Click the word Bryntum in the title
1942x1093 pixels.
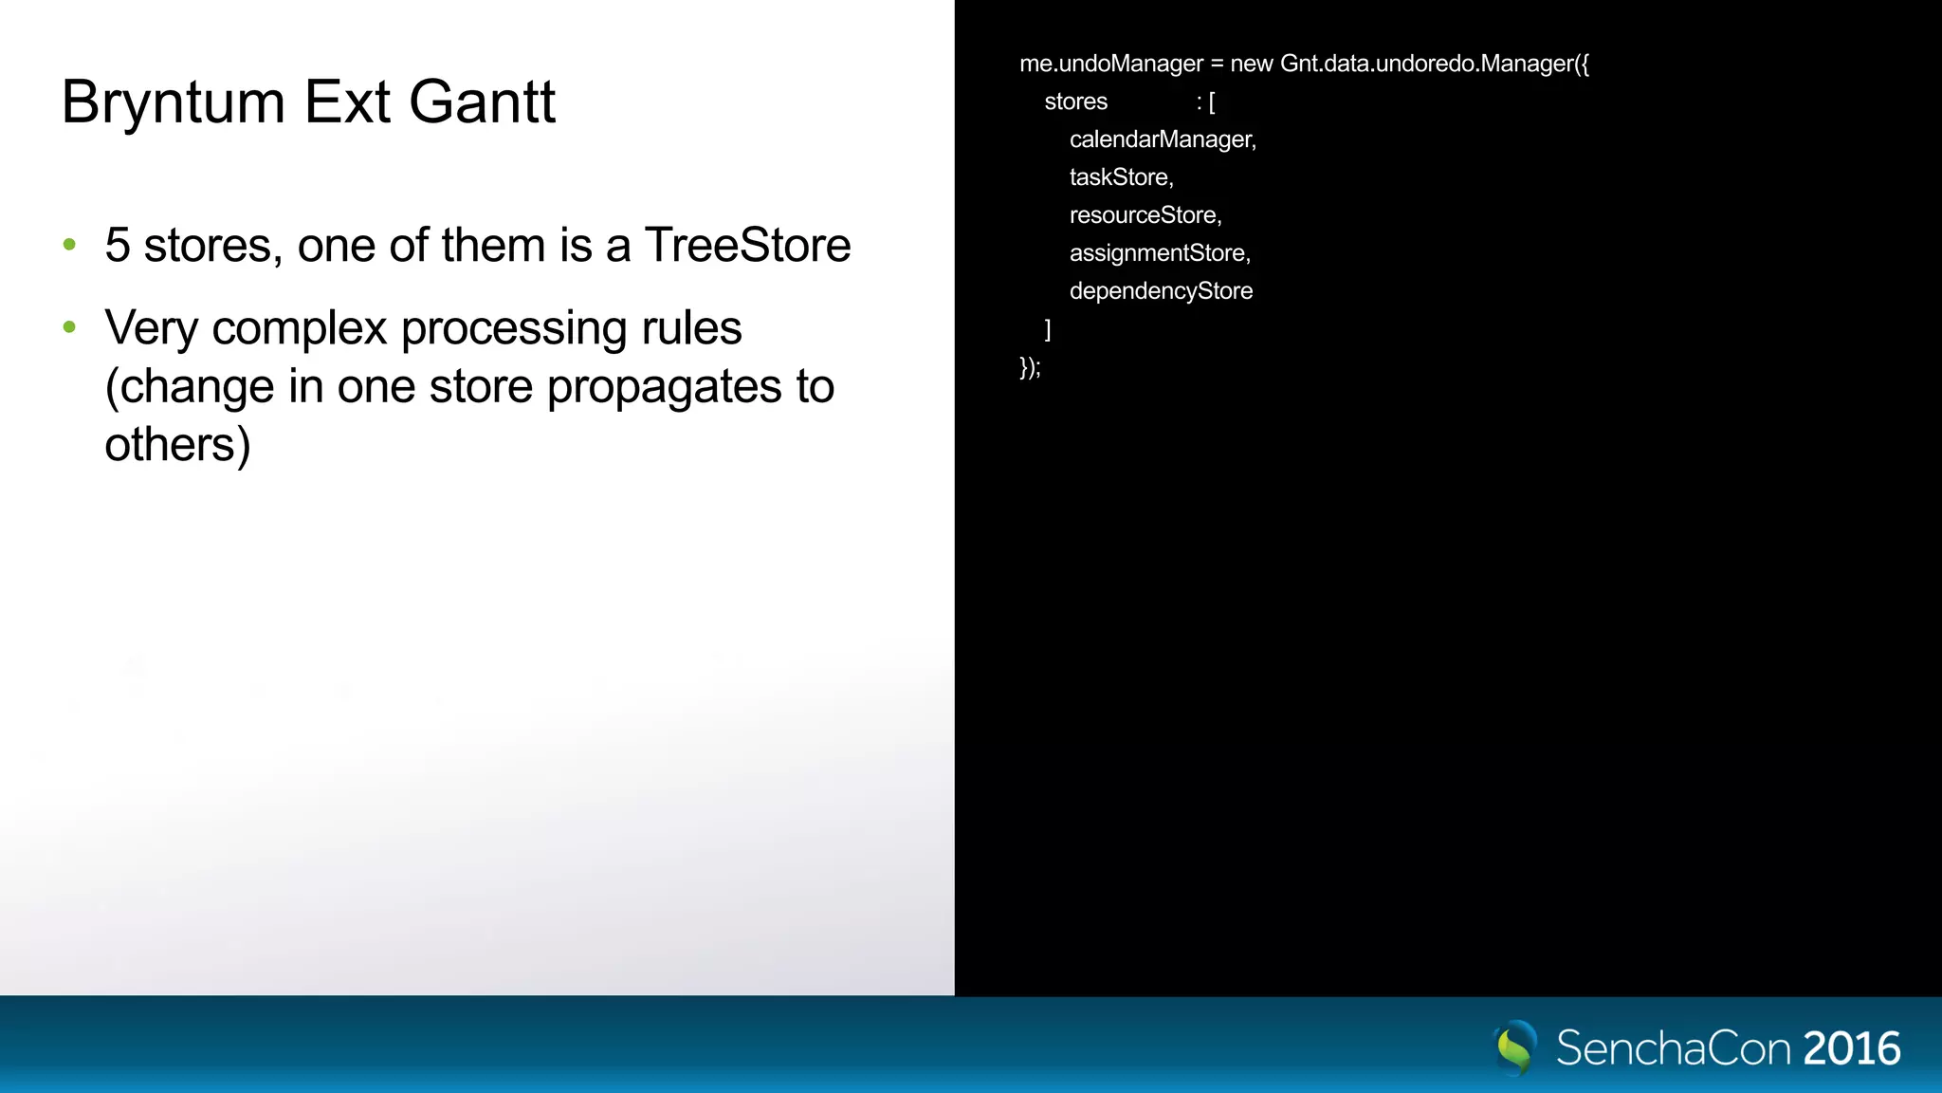[173, 102]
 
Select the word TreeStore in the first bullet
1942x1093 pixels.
[747, 246]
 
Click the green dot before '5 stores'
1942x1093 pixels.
[69, 245]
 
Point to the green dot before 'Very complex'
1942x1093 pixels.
[69, 327]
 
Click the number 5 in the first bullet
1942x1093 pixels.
[118, 246]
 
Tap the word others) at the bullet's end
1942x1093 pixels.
[177, 445]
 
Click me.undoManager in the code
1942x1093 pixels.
[1110, 64]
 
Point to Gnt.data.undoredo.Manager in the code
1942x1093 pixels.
[1434, 64]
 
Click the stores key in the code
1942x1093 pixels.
[1075, 102]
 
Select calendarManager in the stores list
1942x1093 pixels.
[1162, 139]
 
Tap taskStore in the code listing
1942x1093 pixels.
[1120, 177]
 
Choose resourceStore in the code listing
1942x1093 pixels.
[1145, 215]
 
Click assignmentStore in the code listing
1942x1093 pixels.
[1159, 253]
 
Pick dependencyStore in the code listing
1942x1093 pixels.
[1161, 291]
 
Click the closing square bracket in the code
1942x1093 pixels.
[1047, 329]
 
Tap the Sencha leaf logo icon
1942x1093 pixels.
[1514, 1047]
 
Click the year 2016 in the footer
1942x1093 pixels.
[1851, 1048]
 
